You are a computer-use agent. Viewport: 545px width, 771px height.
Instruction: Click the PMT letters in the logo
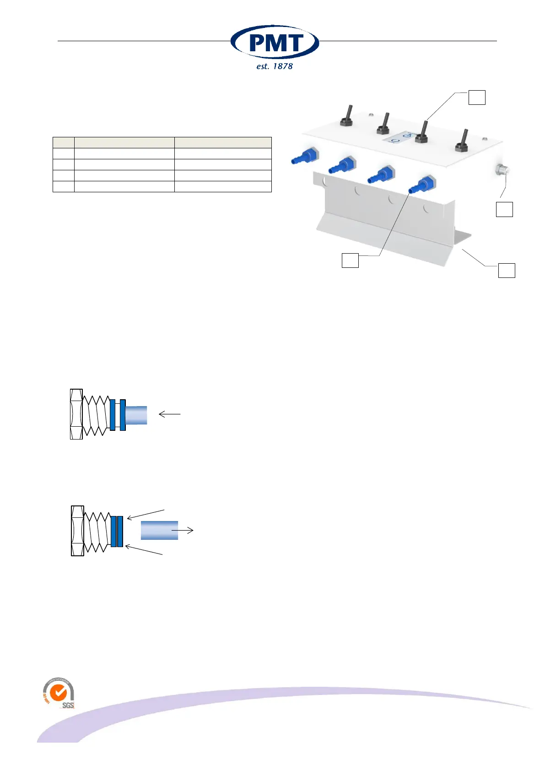[275, 43]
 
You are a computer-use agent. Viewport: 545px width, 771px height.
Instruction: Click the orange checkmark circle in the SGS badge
[58, 693]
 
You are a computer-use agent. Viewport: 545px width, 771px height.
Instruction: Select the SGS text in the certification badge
[68, 706]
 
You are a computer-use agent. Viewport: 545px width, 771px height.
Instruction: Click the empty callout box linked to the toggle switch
[477, 98]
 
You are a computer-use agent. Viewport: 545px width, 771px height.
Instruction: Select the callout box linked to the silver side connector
[504, 209]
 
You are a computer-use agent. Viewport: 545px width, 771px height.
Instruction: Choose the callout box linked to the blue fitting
[350, 260]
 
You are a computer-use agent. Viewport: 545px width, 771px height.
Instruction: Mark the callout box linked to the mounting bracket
[507, 270]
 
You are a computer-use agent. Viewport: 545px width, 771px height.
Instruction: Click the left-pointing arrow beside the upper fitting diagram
[169, 414]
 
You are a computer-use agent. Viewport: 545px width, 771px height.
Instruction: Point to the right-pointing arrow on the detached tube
[183, 531]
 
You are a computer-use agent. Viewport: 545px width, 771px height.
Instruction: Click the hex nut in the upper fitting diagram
[76, 414]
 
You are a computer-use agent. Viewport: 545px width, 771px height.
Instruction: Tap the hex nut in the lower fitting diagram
[77, 531]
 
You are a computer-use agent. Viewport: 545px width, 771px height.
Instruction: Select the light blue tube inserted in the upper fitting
[136, 415]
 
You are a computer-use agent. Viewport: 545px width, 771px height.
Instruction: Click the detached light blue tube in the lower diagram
[159, 530]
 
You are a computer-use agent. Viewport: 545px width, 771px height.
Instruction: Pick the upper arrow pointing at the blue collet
[145, 514]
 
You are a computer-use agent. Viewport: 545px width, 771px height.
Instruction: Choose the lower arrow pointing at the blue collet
[144, 550]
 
